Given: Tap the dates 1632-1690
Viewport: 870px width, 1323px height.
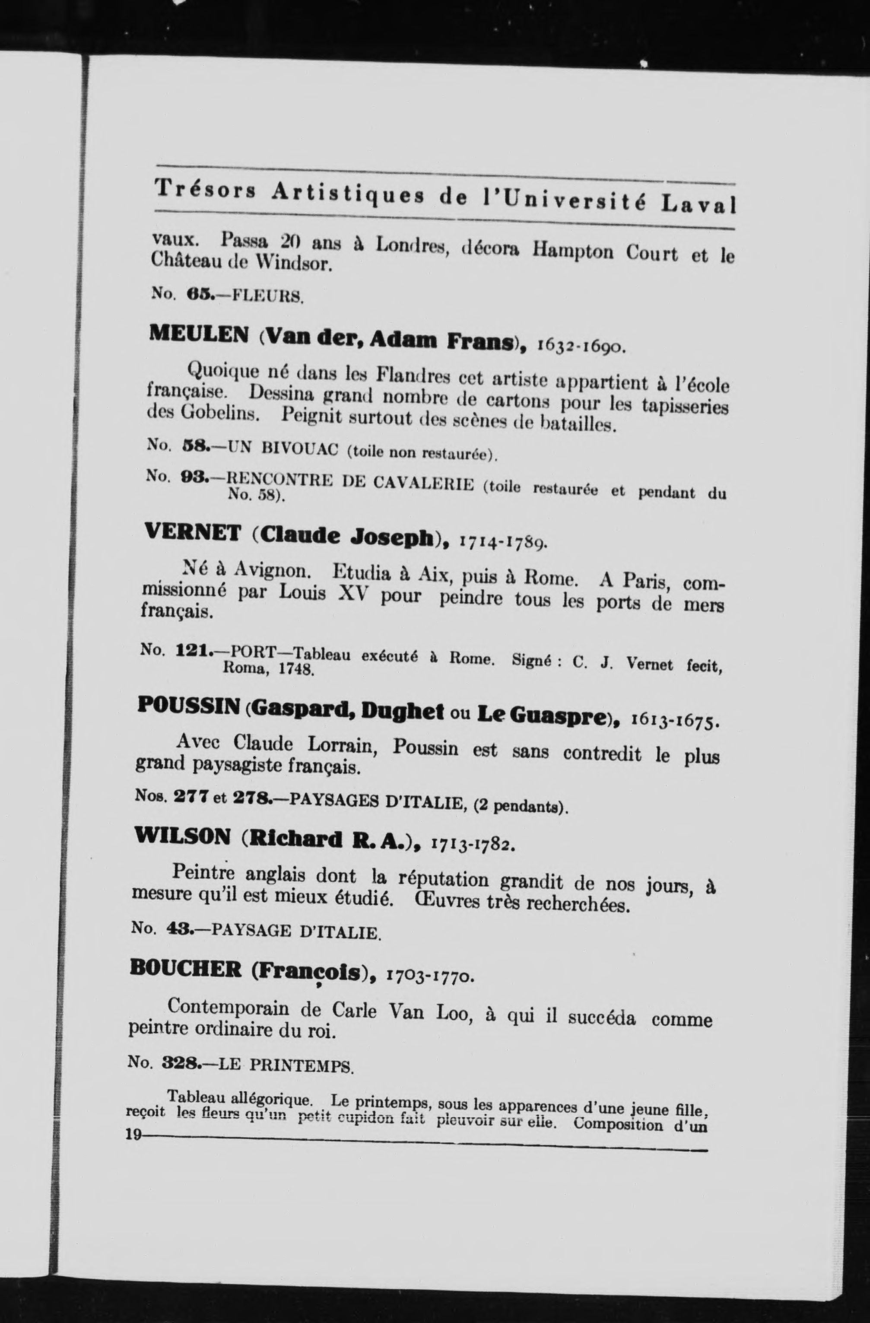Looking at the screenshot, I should click(582, 348).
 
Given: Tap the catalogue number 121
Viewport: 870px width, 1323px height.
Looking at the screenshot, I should click(192, 650).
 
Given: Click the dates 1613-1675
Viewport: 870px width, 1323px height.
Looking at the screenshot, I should click(676, 722).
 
